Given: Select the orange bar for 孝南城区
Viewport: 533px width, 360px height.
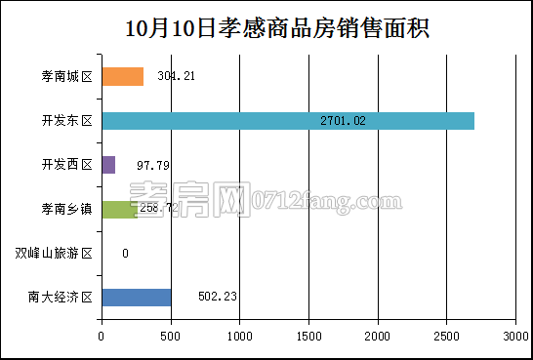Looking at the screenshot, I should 122,76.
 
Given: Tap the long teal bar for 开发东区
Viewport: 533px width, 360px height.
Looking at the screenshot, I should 288,121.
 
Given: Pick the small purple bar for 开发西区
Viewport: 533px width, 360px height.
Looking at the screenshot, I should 107,165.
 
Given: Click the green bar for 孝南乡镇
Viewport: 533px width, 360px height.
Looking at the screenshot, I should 117,209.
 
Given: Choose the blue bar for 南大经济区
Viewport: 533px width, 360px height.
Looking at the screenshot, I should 136,298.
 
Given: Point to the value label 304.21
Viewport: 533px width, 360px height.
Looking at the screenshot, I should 176,76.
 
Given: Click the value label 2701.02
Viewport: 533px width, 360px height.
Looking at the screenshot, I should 343,121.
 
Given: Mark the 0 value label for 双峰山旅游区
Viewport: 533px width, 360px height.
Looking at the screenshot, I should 125,254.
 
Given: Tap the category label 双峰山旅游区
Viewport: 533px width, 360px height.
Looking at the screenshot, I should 54,254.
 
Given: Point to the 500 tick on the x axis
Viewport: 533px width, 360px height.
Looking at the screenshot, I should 170,337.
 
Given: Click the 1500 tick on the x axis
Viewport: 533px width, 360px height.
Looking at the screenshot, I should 308,337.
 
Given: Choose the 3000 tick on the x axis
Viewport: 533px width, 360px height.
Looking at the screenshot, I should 515,337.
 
